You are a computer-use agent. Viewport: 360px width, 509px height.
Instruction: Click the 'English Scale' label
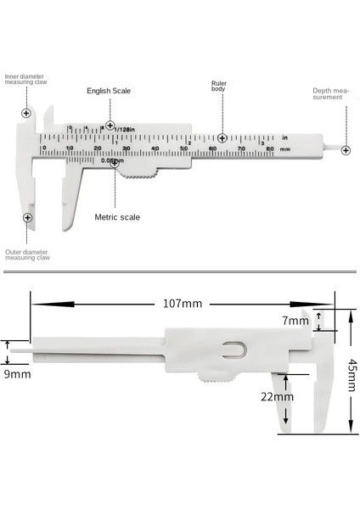click(x=110, y=89)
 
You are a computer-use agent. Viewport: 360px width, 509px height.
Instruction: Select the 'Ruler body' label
click(x=219, y=87)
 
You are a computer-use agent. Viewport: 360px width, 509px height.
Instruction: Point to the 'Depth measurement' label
click(x=326, y=93)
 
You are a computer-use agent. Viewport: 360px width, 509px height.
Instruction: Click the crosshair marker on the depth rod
click(x=346, y=150)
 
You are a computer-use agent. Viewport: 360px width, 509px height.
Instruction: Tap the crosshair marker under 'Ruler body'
click(x=222, y=137)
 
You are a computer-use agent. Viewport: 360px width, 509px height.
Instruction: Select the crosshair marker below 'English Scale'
click(x=110, y=126)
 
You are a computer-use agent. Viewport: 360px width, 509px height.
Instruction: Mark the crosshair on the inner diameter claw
click(x=26, y=113)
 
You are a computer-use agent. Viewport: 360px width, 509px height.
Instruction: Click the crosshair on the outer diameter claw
click(x=28, y=218)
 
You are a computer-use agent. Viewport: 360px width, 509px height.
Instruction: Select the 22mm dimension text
click(x=278, y=396)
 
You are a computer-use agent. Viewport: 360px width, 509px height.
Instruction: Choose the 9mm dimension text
click(x=17, y=372)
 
